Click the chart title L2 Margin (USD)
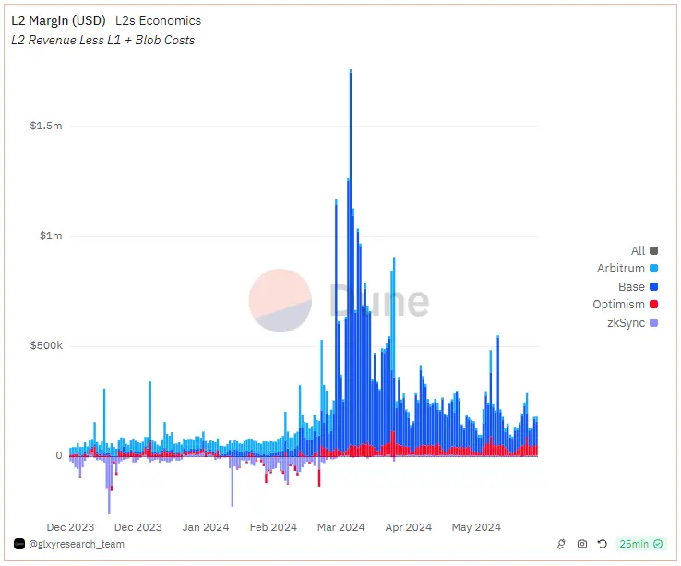(x=57, y=20)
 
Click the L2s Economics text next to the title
(x=158, y=20)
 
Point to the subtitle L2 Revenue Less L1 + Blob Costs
(x=102, y=40)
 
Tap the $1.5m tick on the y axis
(x=46, y=126)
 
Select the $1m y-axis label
(x=51, y=235)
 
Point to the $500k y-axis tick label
(x=46, y=345)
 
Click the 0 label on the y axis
(x=58, y=455)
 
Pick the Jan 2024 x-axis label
(x=205, y=527)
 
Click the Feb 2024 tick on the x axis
(x=272, y=527)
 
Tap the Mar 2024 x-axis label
(x=340, y=527)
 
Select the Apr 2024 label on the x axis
(x=407, y=527)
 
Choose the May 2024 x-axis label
(x=475, y=527)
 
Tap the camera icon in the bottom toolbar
(x=582, y=545)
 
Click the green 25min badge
(x=640, y=545)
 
